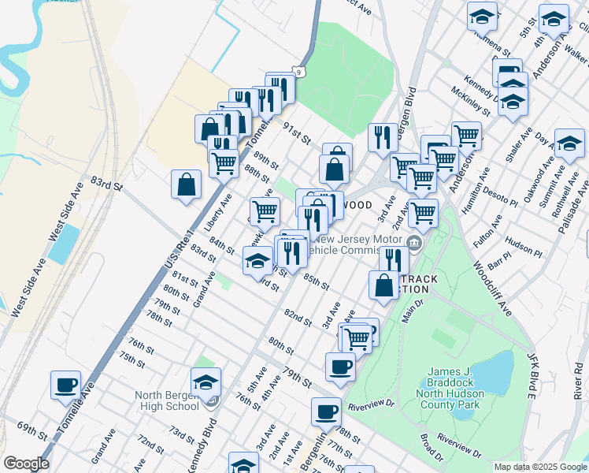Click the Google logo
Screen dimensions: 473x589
(25, 464)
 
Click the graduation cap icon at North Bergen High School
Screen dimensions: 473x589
(206, 382)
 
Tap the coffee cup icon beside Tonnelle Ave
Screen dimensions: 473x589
(66, 385)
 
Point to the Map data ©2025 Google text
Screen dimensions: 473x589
(539, 467)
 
